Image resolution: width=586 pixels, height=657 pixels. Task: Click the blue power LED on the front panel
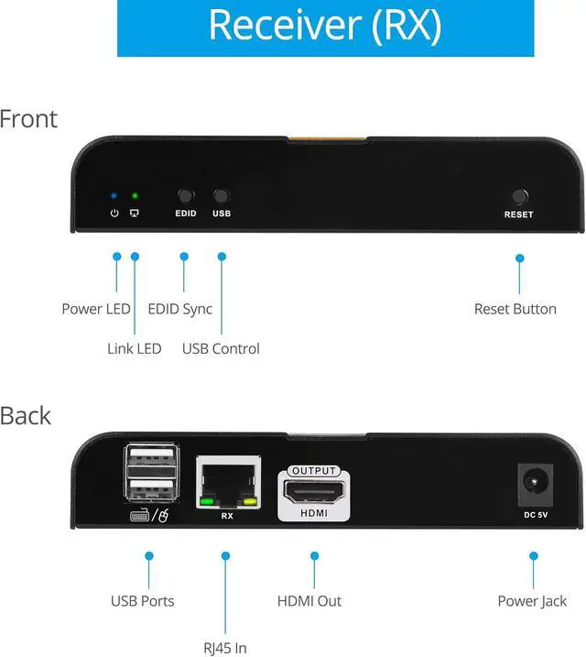click(x=114, y=195)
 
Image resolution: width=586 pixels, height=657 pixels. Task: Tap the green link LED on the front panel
click(x=135, y=195)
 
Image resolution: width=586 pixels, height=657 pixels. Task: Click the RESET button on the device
click(x=520, y=196)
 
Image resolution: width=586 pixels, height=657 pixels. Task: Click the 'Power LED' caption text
click(x=96, y=309)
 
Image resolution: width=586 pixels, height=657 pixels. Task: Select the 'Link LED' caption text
click(x=134, y=348)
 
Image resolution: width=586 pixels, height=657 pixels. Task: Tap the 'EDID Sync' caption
click(x=179, y=309)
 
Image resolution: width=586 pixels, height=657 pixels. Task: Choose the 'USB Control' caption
click(x=221, y=348)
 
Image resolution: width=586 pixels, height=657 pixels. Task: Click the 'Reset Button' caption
click(x=515, y=309)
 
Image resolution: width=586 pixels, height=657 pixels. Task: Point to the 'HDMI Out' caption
click(x=309, y=601)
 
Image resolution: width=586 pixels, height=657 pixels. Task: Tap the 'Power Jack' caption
click(x=532, y=601)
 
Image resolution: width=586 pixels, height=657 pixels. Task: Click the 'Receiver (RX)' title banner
click(x=325, y=27)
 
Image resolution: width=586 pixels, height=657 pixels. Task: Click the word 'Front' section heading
click(x=27, y=119)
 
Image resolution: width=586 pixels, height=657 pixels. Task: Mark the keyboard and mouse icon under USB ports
click(x=150, y=516)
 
